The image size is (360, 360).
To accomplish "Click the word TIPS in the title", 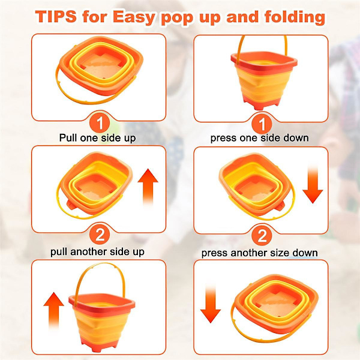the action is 56,17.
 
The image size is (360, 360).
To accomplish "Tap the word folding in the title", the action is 295,17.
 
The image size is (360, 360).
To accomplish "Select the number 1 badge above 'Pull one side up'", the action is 100,123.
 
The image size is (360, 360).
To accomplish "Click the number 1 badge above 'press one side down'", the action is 262,124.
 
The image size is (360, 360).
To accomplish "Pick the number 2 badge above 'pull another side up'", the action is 100,235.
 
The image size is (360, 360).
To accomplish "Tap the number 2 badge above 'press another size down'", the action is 262,236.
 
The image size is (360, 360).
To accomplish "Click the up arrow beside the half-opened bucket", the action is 148,187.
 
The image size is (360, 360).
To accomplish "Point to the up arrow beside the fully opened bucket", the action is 54,310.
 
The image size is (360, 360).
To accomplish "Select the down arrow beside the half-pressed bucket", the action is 313,185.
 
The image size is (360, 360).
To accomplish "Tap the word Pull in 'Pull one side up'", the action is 68,138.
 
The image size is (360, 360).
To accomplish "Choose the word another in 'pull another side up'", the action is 89,251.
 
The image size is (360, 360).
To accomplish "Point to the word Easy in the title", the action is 134,17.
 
